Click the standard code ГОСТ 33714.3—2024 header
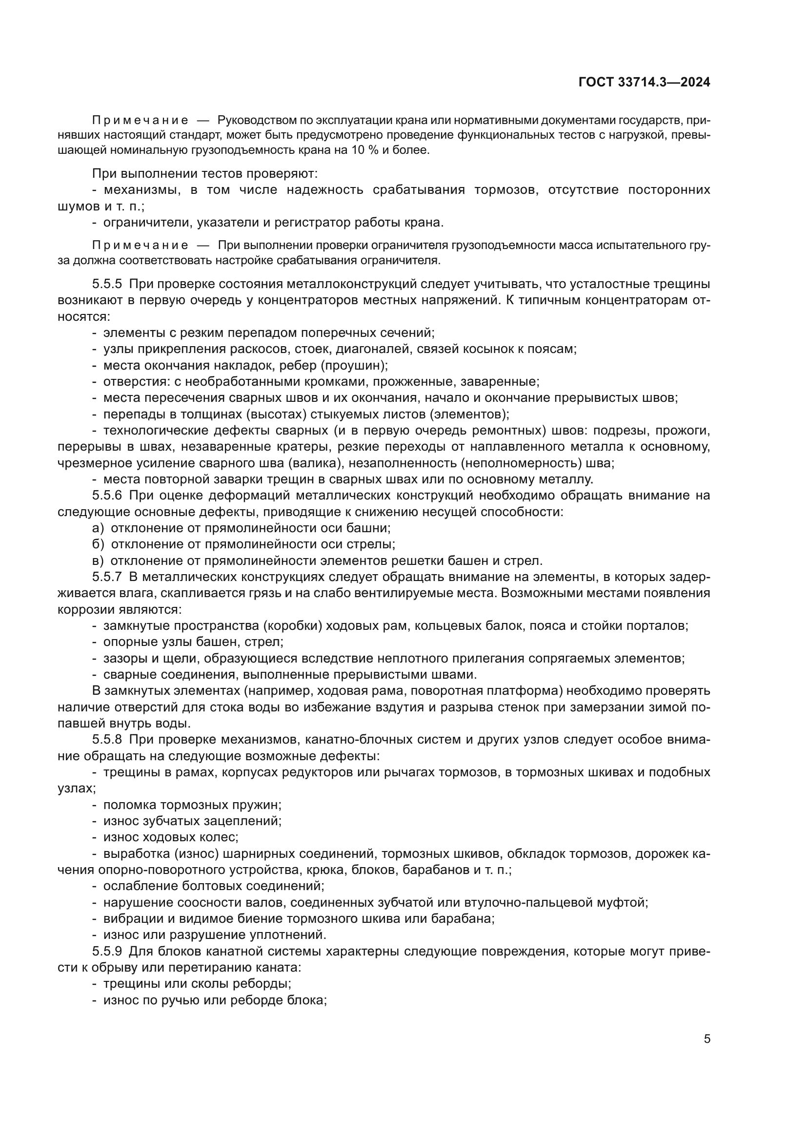coord(644,83)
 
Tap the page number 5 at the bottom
coord(706,1038)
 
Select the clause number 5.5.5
coord(107,284)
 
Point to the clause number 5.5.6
coord(107,496)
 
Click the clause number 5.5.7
coord(107,577)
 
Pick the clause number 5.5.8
coord(107,740)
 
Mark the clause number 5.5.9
coord(107,952)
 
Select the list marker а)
coord(98,528)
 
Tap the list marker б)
coord(98,544)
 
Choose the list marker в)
coord(98,561)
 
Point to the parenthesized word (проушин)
coord(353,366)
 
